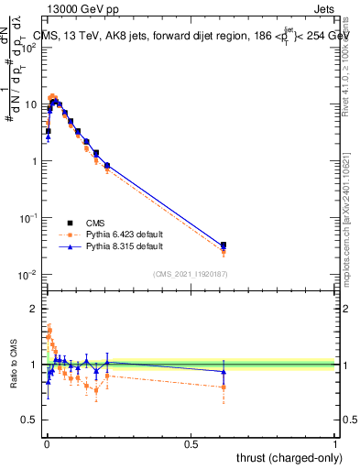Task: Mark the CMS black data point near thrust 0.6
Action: point(224,245)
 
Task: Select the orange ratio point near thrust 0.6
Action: point(224,387)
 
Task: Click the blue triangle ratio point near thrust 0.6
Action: point(224,371)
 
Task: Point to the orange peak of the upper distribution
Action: point(53,96)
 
